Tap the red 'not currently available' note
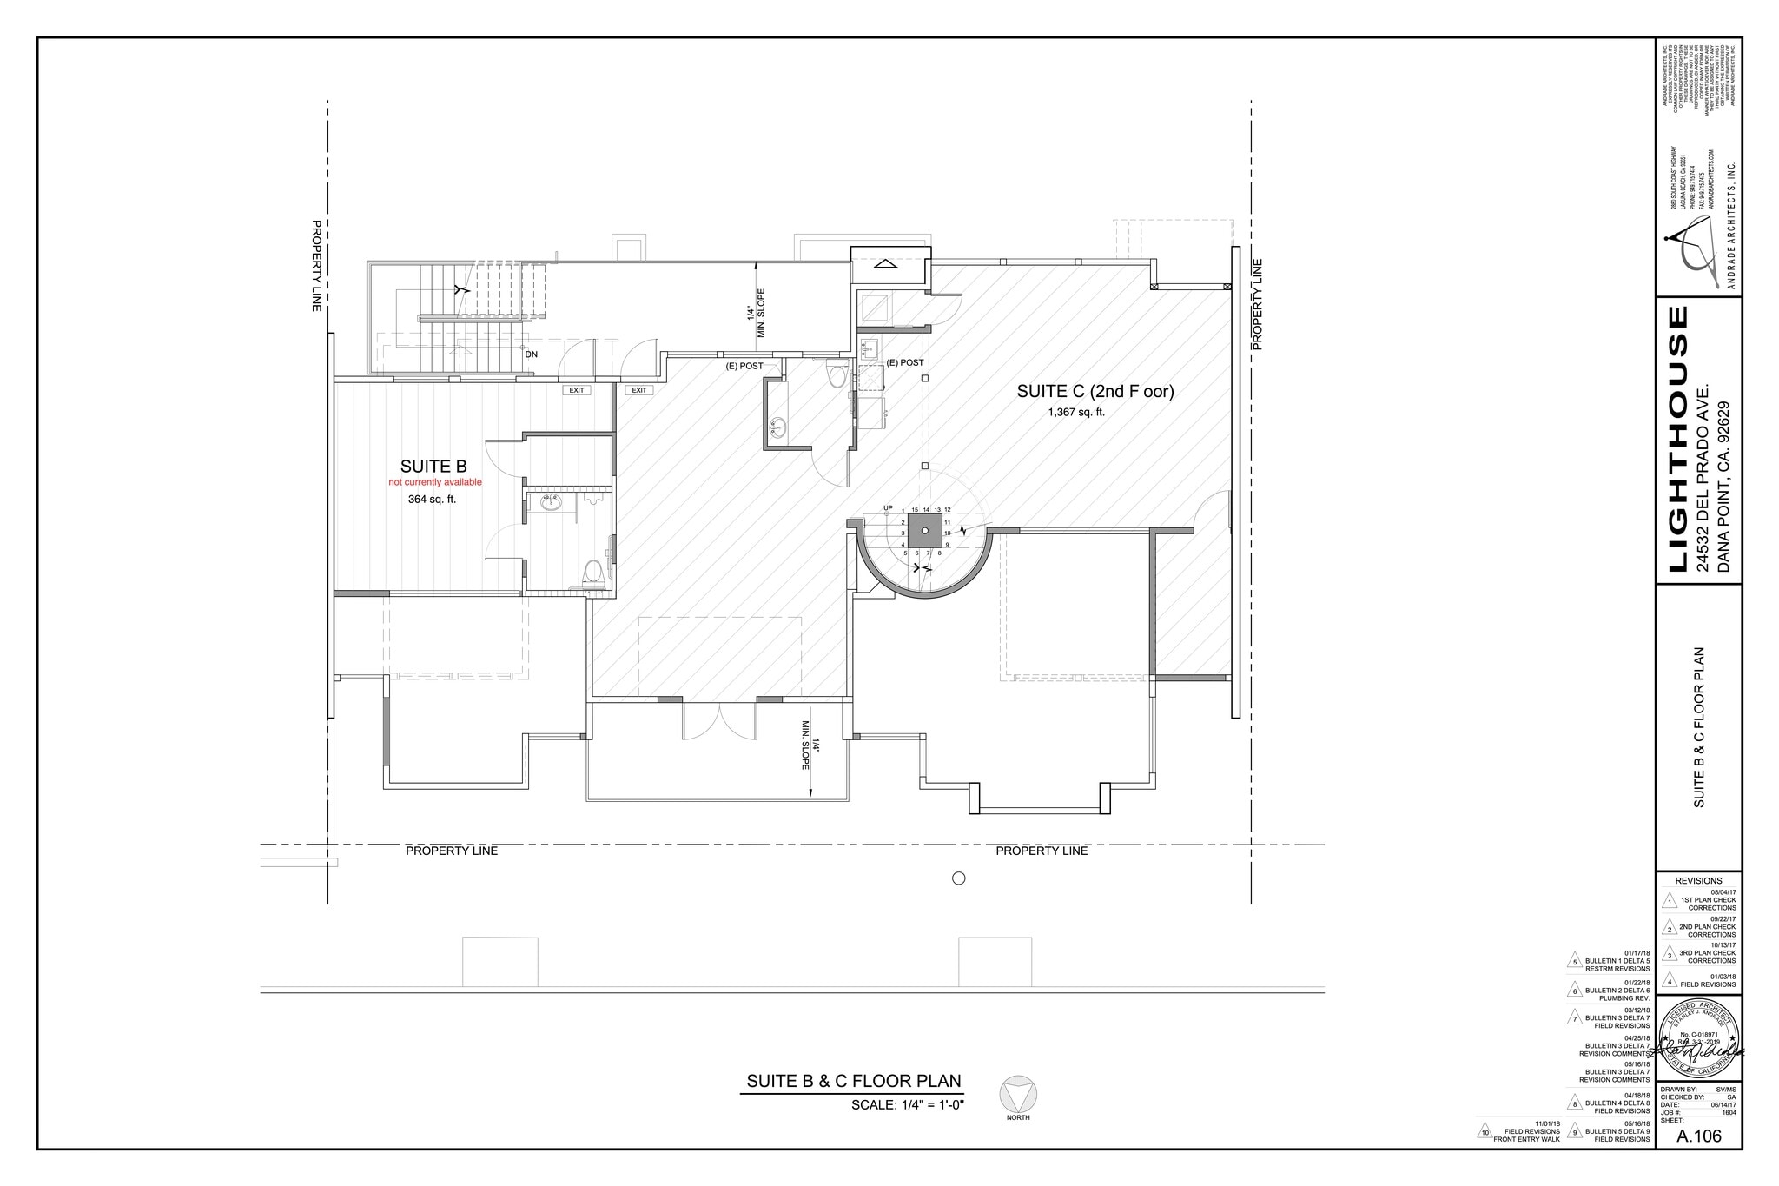[x=434, y=482]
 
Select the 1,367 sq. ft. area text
[x=1076, y=413]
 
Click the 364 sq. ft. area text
[x=432, y=500]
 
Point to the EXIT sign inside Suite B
[x=576, y=390]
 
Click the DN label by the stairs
[x=531, y=354]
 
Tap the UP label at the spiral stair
[x=888, y=508]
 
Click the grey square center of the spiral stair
[x=925, y=531]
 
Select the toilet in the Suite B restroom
[x=593, y=572]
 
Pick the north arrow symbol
[x=1018, y=1094]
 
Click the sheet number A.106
[x=1698, y=1136]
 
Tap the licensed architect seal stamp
[x=1698, y=1039]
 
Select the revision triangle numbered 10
[x=1485, y=1131]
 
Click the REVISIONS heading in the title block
[x=1698, y=880]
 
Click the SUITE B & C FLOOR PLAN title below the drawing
[x=854, y=1082]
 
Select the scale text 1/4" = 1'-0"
[x=908, y=1105]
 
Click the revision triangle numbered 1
[x=1668, y=903]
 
